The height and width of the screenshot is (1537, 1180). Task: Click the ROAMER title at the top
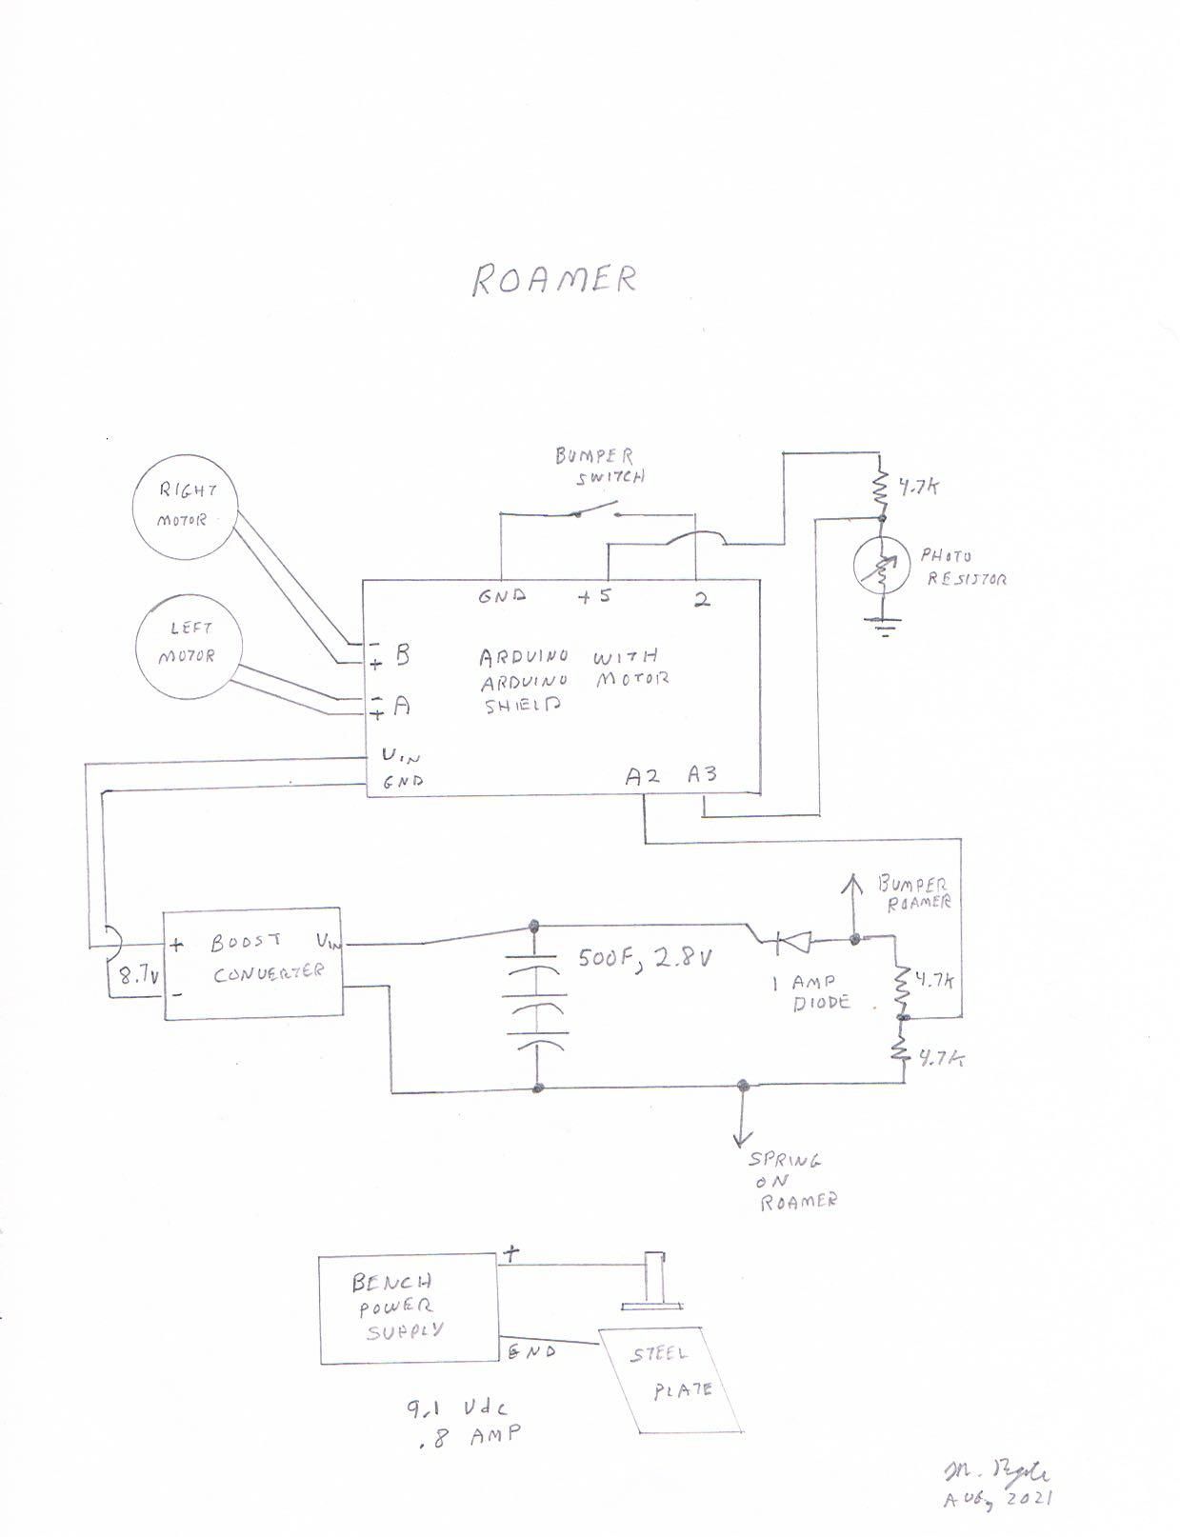(x=554, y=279)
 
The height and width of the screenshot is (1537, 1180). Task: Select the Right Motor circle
(x=186, y=506)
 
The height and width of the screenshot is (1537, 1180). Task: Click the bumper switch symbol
(x=596, y=512)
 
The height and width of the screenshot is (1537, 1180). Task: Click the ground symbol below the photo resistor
(x=883, y=626)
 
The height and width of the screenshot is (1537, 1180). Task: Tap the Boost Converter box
(x=252, y=963)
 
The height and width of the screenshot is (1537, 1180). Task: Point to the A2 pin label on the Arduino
(x=643, y=776)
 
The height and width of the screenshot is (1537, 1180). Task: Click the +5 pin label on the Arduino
(x=593, y=596)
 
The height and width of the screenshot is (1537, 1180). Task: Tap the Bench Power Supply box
(x=408, y=1309)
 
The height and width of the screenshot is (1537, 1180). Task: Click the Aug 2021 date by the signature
(x=997, y=1499)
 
